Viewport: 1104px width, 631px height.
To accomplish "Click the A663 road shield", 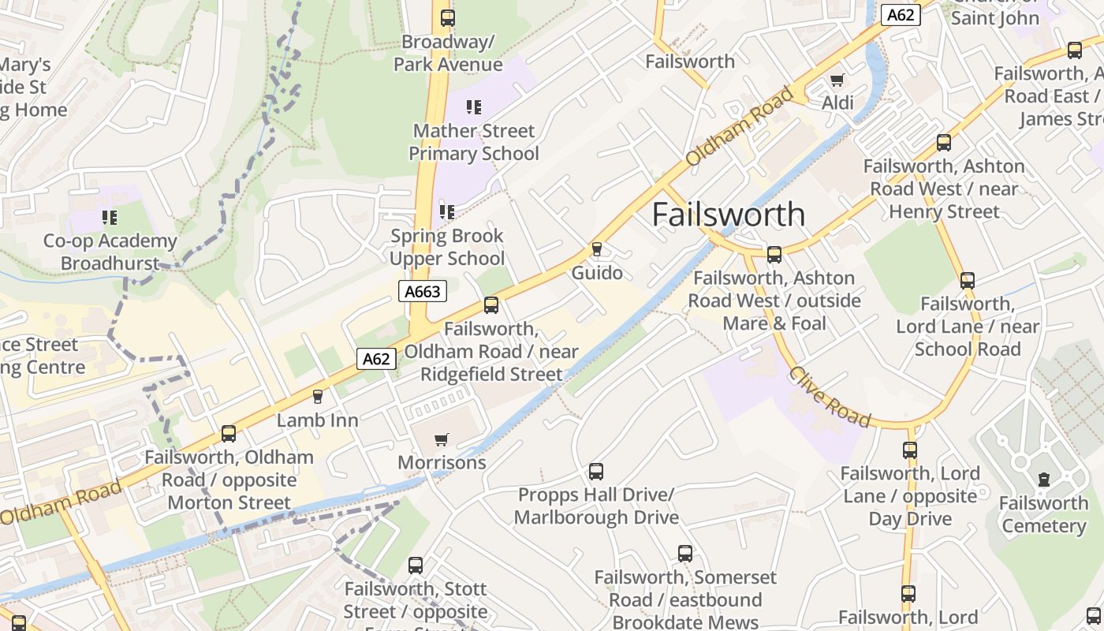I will (422, 292).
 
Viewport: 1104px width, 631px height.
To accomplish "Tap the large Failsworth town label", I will (729, 215).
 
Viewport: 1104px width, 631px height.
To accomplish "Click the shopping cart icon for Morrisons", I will (442, 439).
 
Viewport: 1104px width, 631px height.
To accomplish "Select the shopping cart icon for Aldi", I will (837, 80).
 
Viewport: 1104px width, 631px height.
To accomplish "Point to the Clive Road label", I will (830, 397).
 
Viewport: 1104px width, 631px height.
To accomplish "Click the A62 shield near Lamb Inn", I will (376, 359).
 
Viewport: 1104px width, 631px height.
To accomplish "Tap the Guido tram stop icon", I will (597, 249).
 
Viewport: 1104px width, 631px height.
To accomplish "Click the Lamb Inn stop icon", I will (318, 396).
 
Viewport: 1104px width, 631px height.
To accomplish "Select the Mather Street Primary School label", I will (473, 142).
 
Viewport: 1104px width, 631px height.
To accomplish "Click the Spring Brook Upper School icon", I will (447, 211).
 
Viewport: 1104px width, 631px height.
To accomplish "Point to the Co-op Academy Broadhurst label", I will (110, 252).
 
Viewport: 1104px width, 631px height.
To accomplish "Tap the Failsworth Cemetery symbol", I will (1044, 479).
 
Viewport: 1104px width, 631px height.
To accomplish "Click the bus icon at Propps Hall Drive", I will (596, 472).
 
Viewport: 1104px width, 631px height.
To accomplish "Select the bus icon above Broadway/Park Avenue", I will (447, 17).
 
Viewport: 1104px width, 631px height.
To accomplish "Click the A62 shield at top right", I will (901, 15).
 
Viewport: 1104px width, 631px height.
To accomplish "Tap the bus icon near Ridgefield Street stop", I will (491, 305).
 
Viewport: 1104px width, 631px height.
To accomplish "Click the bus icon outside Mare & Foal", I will (774, 254).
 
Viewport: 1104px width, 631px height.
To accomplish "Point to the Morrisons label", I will (442, 462).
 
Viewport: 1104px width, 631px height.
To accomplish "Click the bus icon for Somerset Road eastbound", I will (685, 554).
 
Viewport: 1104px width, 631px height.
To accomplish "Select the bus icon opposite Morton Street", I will (229, 433).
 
